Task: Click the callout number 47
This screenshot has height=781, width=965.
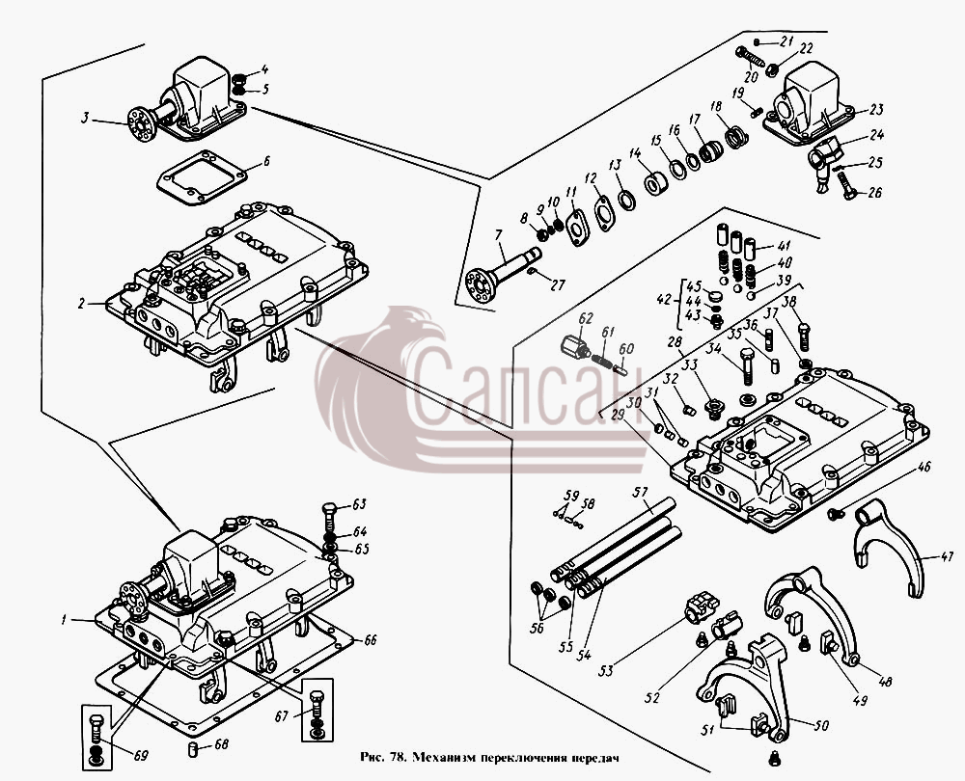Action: pyautogui.click(x=946, y=557)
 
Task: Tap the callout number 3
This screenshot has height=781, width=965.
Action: pyautogui.click(x=86, y=117)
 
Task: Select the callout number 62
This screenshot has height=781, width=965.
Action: pyautogui.click(x=586, y=318)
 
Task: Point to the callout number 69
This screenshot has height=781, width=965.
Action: pyautogui.click(x=140, y=755)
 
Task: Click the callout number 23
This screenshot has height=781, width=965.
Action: pyautogui.click(x=876, y=110)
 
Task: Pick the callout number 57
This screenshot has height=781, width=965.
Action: pyautogui.click(x=642, y=492)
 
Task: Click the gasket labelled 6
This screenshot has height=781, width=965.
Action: pyautogui.click(x=201, y=177)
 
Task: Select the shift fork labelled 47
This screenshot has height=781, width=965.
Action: pyautogui.click(x=888, y=548)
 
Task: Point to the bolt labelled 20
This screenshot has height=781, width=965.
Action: pyautogui.click(x=749, y=57)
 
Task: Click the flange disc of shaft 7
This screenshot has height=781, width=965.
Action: pyautogui.click(x=480, y=285)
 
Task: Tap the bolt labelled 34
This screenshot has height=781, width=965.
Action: pyautogui.click(x=747, y=365)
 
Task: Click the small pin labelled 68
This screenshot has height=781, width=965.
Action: pyautogui.click(x=192, y=749)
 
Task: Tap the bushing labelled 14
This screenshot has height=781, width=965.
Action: pyautogui.click(x=656, y=184)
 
